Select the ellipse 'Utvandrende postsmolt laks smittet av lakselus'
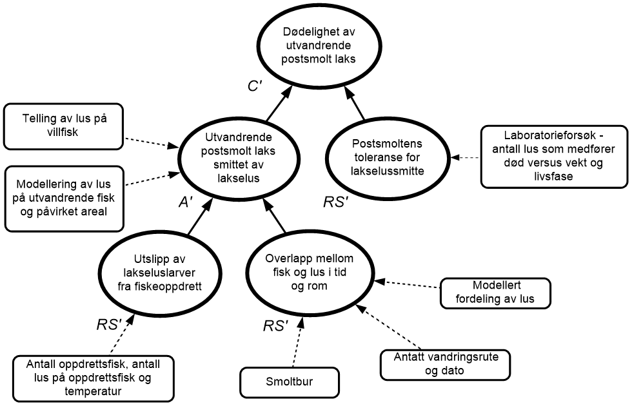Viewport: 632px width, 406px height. click(x=239, y=158)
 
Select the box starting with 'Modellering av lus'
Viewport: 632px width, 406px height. click(x=64, y=198)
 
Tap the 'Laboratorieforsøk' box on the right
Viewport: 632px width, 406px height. click(x=554, y=157)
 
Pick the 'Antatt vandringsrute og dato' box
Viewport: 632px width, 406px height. click(x=446, y=364)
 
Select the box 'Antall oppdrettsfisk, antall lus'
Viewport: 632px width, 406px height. click(x=94, y=378)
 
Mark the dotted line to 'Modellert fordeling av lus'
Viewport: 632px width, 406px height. click(x=412, y=284)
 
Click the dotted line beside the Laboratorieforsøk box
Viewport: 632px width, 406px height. click(x=470, y=157)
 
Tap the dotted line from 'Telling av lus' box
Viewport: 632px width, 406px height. click(x=146, y=141)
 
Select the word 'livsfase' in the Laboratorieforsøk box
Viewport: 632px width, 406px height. click(x=554, y=176)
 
